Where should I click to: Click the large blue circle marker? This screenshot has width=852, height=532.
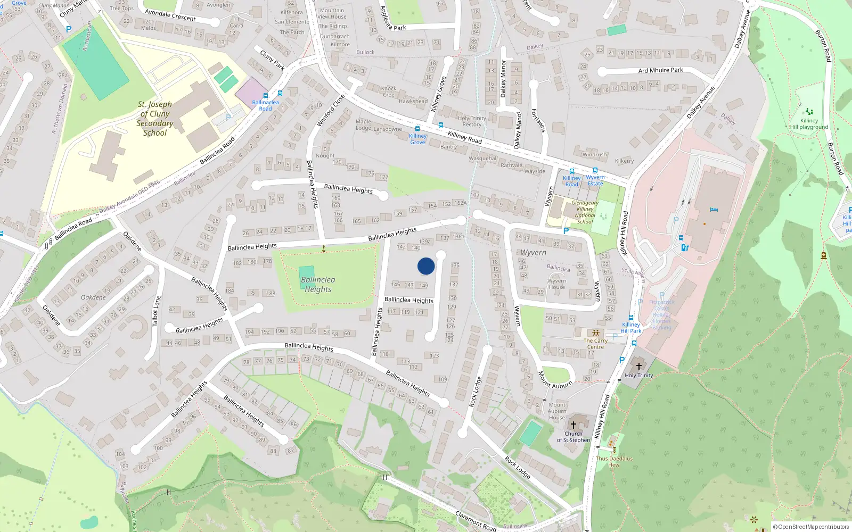point(426,266)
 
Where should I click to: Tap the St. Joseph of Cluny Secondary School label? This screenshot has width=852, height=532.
point(155,119)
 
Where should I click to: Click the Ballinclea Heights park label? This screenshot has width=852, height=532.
point(318,285)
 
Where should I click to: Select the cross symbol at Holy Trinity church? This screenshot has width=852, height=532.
point(638,367)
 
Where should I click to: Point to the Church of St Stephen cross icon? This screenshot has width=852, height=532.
point(574,425)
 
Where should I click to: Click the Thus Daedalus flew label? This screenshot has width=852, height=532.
point(614,461)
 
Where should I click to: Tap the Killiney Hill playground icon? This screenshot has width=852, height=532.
point(809,112)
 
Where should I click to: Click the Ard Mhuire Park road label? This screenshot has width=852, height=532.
point(660,70)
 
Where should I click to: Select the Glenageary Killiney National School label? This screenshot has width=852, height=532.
point(585,212)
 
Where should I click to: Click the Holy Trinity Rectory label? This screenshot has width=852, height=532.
point(472,121)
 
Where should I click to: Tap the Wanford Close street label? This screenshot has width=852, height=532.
point(331,111)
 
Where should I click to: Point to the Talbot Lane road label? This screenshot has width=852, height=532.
point(157,311)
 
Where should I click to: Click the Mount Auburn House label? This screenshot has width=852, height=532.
point(557,411)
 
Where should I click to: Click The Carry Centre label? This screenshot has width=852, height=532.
point(595,344)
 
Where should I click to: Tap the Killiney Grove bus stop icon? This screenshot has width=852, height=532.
point(417,129)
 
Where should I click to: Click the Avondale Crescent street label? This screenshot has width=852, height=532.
point(170,15)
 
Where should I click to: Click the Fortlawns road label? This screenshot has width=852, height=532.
point(539,121)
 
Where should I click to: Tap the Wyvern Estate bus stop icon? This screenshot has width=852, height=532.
point(595,171)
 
